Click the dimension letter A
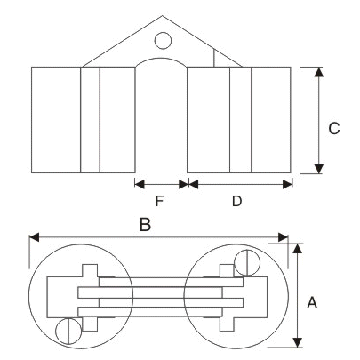click(312, 302)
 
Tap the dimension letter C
click(333, 128)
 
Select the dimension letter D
click(236, 201)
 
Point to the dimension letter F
click(161, 201)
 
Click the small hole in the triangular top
click(163, 40)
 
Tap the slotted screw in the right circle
click(246, 262)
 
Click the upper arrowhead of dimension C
click(318, 71)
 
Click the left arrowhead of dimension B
click(34, 237)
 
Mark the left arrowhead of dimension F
click(138, 184)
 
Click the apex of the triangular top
click(163, 17)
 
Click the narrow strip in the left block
click(90, 119)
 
